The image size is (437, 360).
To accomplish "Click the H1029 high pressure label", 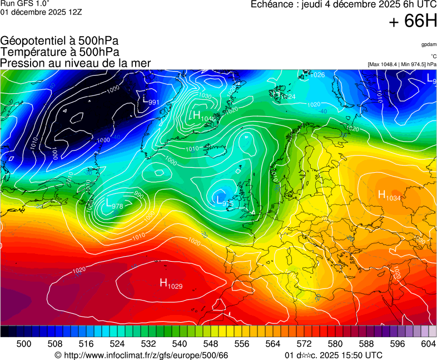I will coord(171,284).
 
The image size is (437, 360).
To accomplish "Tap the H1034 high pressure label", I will coord(389,194).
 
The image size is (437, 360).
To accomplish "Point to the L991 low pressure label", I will coord(151,101).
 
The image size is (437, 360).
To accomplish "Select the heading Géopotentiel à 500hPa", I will coord(59,41).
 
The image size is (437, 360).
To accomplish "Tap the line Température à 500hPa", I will coord(59,52).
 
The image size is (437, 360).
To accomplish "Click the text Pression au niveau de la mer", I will coord(76,63).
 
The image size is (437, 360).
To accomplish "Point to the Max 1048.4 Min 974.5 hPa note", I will coord(401,64).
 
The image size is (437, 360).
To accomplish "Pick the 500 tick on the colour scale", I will coord(23,344).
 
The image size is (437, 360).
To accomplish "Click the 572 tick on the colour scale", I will coord(304,344).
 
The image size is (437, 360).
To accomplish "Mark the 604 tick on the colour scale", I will coord(428,344).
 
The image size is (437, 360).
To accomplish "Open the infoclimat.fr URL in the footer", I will coord(141,355).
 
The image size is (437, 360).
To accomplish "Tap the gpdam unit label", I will coord(428,44).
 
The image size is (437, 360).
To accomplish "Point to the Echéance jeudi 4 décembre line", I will coord(344,4).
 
